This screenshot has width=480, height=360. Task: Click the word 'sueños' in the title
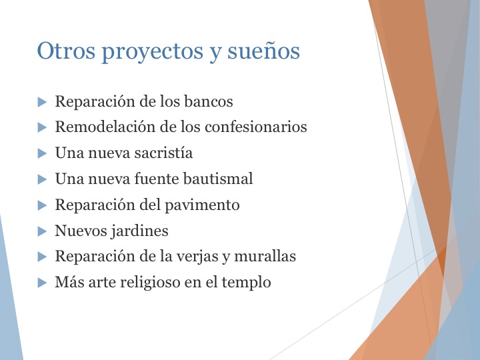(x=268, y=52)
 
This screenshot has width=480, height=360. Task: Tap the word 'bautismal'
(x=221, y=179)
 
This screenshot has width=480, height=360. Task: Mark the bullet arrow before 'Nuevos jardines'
(x=42, y=231)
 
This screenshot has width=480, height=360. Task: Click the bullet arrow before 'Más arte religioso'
(x=42, y=283)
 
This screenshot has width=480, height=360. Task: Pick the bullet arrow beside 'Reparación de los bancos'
(x=42, y=102)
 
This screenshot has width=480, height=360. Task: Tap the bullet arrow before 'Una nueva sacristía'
(x=42, y=153)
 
